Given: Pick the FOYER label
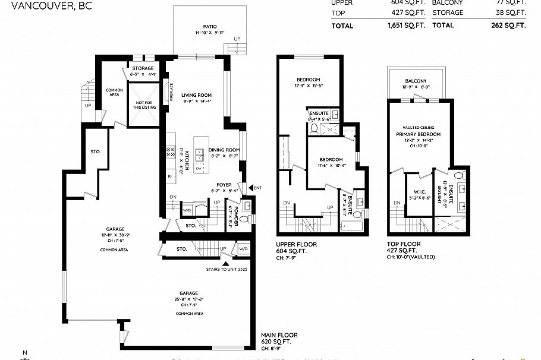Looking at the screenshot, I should [x=224, y=185].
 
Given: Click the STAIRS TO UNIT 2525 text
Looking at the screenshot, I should [x=226, y=269].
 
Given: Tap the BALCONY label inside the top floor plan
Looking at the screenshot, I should [x=416, y=81].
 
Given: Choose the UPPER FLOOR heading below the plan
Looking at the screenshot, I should [x=297, y=244].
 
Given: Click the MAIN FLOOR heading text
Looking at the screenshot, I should [x=279, y=335].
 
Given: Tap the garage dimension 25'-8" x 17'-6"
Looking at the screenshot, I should [x=190, y=299].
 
